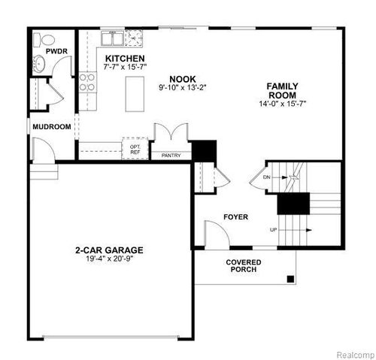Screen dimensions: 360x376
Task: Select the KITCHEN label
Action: pos(125,59)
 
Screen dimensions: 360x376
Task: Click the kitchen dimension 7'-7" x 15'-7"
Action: pos(125,68)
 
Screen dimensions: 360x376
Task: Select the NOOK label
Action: pos(183,78)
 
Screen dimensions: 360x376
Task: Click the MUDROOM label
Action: pos(52,127)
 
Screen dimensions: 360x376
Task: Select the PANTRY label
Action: pos(172,156)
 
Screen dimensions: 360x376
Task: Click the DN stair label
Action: pos(267,177)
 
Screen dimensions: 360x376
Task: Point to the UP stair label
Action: pos(274,229)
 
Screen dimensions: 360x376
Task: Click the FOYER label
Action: pos(235,217)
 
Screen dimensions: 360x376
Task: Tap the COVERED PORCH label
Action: pos(244,265)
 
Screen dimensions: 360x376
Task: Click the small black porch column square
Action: pos(290,280)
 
